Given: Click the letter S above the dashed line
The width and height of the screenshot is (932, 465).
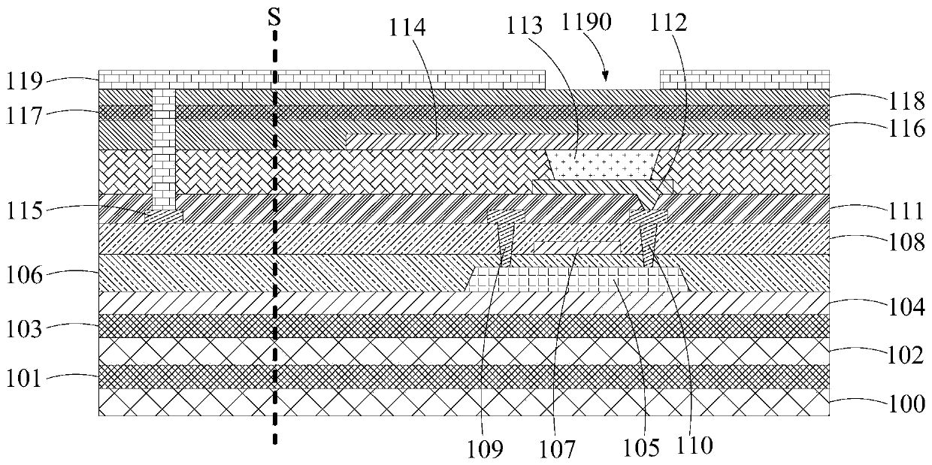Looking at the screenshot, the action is [x=275, y=15].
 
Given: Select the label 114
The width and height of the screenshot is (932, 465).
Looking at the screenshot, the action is [x=407, y=29].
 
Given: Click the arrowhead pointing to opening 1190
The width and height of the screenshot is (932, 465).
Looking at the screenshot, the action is [x=605, y=74].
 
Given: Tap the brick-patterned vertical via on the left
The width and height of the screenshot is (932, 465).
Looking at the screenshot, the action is [x=163, y=150].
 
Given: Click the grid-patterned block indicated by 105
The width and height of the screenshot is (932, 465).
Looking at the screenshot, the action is [x=579, y=279].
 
